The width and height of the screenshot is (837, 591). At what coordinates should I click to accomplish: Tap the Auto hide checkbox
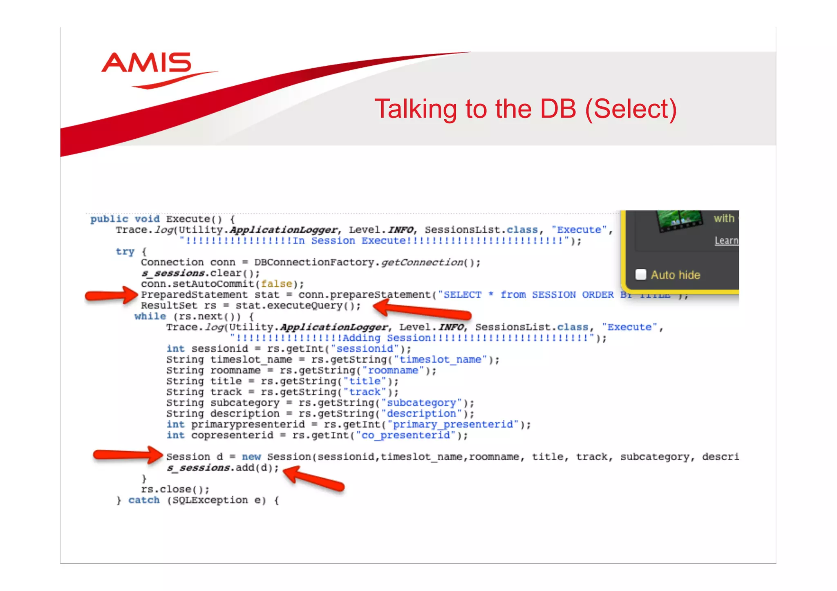[641, 274]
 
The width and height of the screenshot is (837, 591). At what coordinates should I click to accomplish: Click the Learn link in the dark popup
[726, 241]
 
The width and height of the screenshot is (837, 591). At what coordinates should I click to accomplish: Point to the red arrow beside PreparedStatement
[111, 295]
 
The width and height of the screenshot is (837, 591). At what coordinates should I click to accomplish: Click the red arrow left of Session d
[128, 455]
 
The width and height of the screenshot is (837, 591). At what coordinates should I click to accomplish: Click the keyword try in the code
[125, 252]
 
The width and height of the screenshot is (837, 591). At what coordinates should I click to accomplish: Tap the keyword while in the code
[150, 317]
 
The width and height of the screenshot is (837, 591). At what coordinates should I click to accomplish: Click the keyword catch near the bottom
[144, 500]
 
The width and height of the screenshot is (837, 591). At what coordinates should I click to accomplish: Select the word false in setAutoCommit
[277, 284]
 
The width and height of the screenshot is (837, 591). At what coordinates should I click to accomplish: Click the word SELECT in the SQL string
[462, 295]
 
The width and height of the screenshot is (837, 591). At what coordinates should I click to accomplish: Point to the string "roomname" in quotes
[393, 370]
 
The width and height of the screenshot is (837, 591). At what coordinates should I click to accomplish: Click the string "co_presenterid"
[405, 435]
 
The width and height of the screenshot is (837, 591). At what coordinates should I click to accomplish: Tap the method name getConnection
[422, 262]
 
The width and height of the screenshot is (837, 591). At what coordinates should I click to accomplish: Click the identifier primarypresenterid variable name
[248, 425]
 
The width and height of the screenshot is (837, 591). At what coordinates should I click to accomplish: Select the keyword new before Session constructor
[251, 457]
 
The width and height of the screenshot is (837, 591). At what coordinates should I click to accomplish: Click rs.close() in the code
[175, 489]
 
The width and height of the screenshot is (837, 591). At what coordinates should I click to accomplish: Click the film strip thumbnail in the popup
[680, 221]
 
